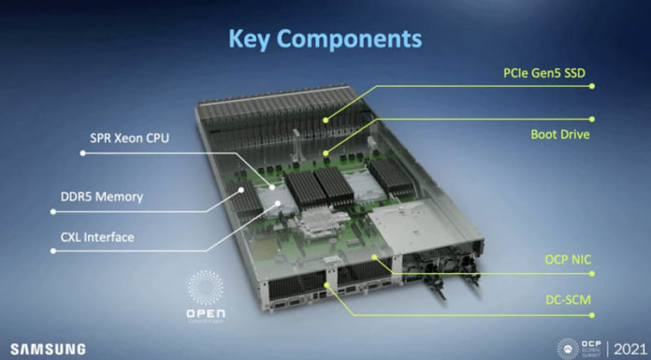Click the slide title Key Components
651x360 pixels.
click(x=325, y=38)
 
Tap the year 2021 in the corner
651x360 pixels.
click(x=628, y=347)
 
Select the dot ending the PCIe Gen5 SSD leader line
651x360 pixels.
click(x=325, y=119)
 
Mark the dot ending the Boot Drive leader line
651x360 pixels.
click(x=325, y=151)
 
